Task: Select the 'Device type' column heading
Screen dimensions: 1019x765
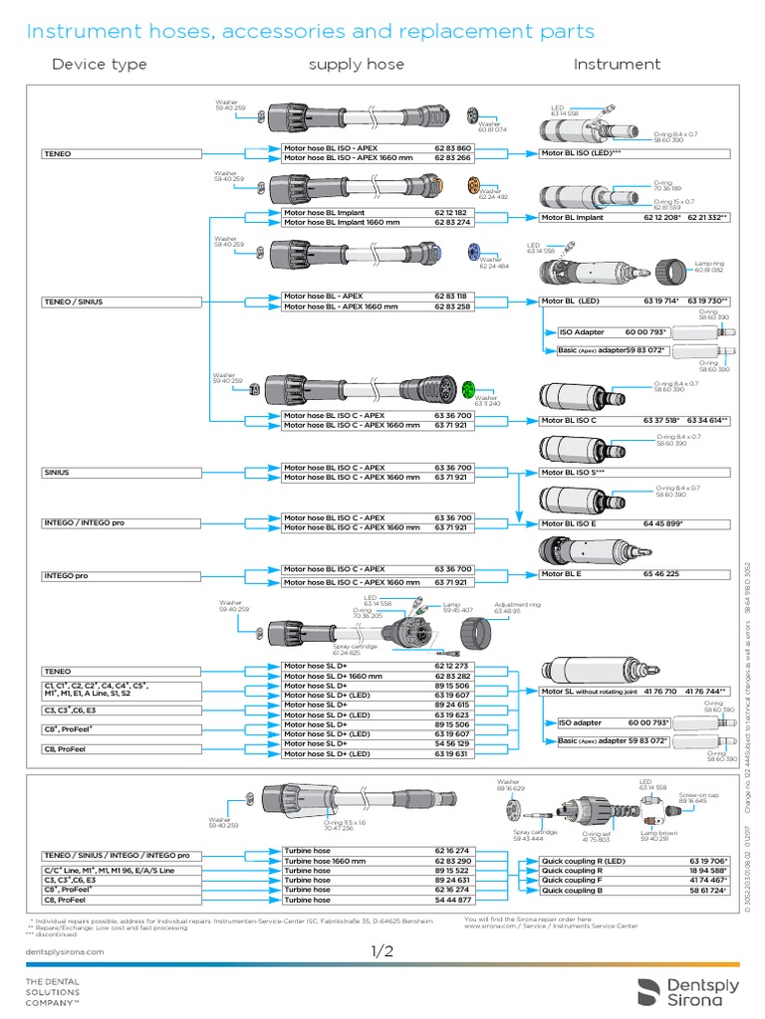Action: pyautogui.click(x=99, y=65)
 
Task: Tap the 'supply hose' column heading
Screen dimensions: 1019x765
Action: pyautogui.click(x=356, y=65)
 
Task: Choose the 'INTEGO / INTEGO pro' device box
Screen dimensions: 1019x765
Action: pyautogui.click(x=89, y=523)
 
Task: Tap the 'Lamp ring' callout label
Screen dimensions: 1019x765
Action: pyautogui.click(x=708, y=266)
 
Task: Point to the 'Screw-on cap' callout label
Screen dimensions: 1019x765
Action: pyautogui.click(x=691, y=797)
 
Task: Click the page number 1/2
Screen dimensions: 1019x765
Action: pyautogui.click(x=382, y=952)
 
